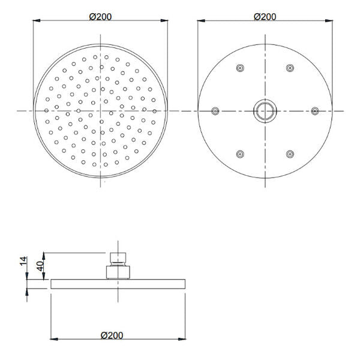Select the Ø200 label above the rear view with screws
coord(265,16)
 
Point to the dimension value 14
coord(23,261)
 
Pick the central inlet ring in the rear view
coord(265,111)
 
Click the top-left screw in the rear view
coord(240,68)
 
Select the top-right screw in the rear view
coord(290,68)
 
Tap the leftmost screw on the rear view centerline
coord(215,111)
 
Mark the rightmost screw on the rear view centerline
coord(314,111)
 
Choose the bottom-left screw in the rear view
coord(240,154)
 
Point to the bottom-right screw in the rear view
coord(290,154)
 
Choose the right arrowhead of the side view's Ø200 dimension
coord(183,340)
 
